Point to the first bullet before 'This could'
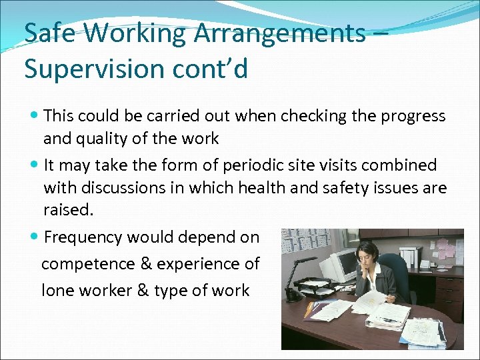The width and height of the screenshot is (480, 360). click(35, 116)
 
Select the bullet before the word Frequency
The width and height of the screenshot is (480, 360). click(35, 237)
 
